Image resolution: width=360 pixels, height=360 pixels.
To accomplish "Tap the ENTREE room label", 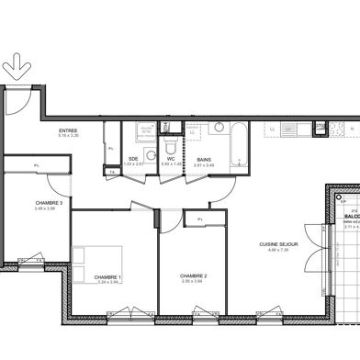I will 67,131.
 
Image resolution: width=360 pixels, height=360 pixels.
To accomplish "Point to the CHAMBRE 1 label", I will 107,276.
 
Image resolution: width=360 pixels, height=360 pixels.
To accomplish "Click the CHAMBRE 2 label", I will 193,276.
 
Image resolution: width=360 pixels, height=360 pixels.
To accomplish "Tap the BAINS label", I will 205,159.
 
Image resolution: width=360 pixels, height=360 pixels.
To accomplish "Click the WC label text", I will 172,159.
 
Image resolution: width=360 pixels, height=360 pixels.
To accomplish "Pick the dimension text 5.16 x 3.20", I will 67,137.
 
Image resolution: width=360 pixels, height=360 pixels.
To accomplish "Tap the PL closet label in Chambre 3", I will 36,165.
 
